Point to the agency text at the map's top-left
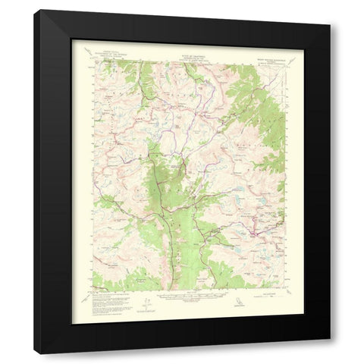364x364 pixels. click(x=106, y=53)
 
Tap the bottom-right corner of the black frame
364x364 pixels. click(x=330, y=353)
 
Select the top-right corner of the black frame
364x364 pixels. click(x=330, y=11)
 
